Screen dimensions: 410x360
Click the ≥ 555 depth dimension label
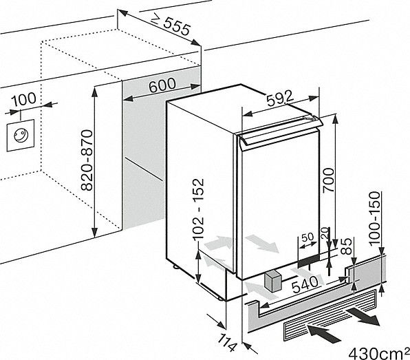click(171, 25)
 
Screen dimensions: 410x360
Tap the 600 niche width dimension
click(162, 85)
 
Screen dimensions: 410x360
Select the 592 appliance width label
click(280, 98)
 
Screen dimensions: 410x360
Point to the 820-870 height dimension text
click(87, 160)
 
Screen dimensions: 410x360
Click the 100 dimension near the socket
click(23, 99)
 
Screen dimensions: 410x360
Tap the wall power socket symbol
click(21, 135)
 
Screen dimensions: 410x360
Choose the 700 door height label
click(328, 180)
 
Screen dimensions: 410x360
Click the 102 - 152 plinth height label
click(198, 209)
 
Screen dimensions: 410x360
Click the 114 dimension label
click(227, 342)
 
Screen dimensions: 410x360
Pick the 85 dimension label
click(347, 246)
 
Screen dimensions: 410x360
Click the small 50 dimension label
click(307, 237)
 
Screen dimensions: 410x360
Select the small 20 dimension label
click(325, 232)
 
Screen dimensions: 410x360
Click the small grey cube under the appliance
click(272, 282)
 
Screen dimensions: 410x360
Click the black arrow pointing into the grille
click(324, 333)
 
